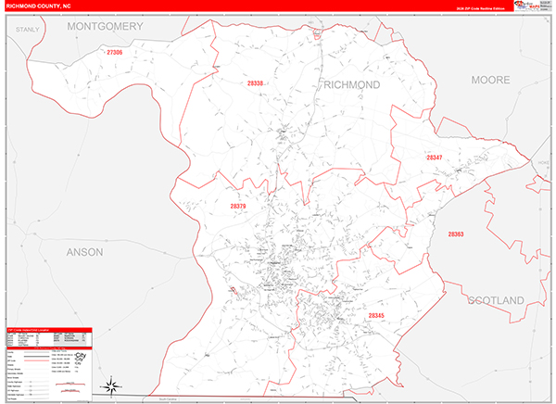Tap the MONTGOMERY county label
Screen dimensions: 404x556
click(105, 27)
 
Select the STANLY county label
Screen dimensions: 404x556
click(29, 31)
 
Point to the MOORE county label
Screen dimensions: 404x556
click(491, 81)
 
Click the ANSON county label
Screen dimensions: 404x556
click(85, 251)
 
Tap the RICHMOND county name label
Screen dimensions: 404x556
click(352, 84)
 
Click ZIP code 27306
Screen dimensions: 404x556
click(115, 54)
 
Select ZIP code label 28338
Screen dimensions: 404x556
click(256, 83)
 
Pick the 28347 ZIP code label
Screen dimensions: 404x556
click(435, 158)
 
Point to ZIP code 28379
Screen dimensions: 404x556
click(238, 206)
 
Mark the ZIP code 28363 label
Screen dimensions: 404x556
click(456, 234)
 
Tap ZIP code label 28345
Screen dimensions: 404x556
click(376, 316)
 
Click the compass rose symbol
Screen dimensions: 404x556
click(110, 385)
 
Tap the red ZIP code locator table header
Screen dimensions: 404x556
click(49, 329)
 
